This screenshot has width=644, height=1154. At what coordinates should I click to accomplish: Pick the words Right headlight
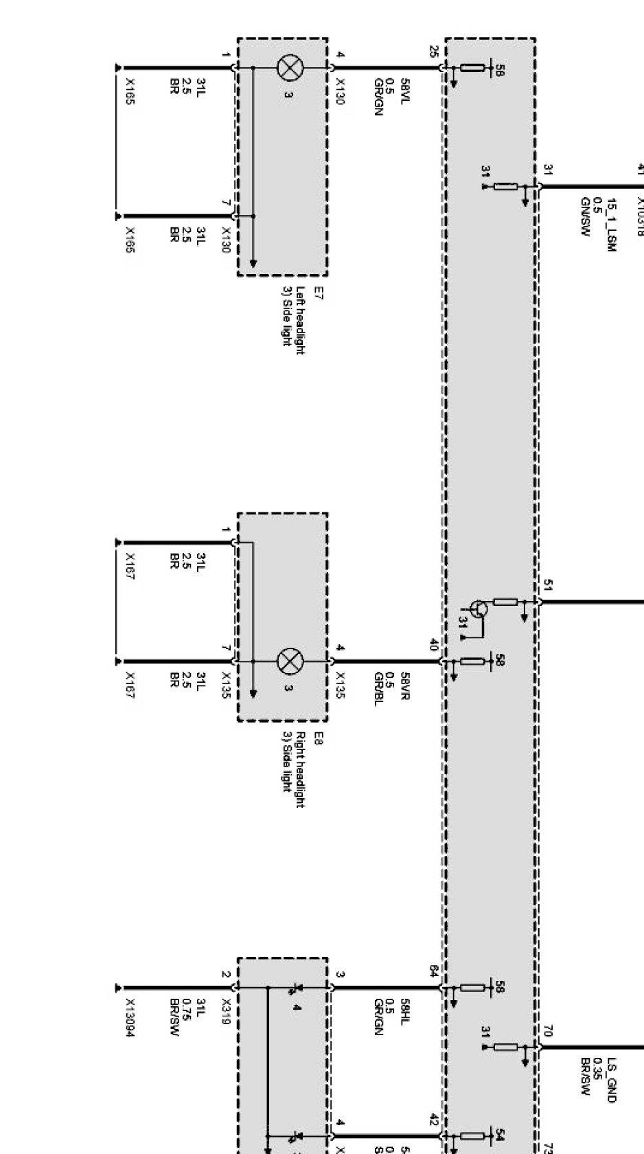[x=300, y=769]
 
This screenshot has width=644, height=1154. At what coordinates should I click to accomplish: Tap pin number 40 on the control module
[x=433, y=645]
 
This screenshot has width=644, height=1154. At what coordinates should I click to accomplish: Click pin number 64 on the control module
[x=433, y=971]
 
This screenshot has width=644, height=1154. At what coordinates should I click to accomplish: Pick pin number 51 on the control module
[x=547, y=585]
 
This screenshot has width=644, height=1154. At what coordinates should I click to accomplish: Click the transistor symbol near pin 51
[x=479, y=608]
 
